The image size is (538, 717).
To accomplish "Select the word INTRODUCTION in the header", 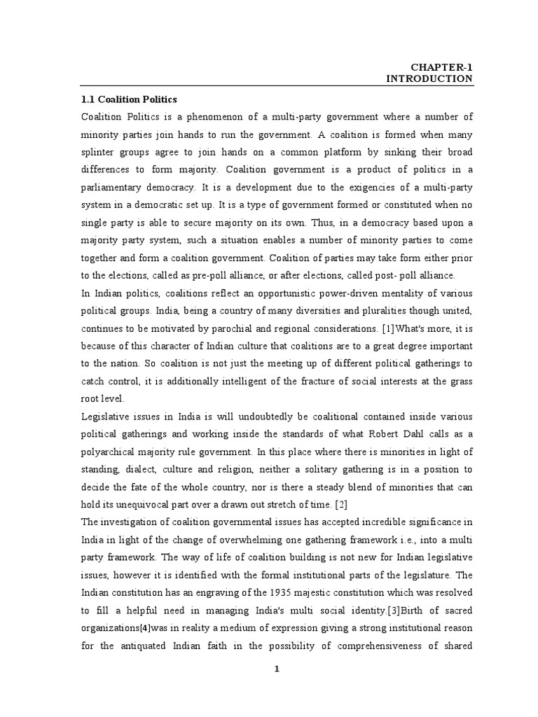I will click(429, 79).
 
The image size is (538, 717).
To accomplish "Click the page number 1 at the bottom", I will click(277, 669).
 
